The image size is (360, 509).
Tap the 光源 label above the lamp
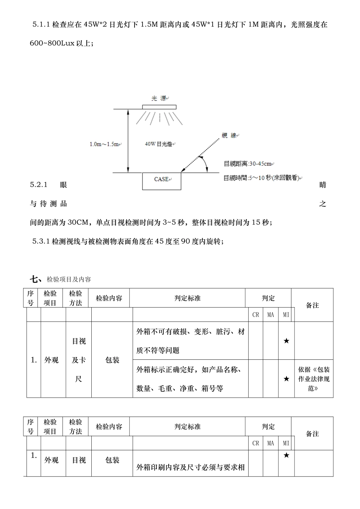pyautogui.click(x=159, y=98)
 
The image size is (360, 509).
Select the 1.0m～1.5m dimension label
pyautogui.click(x=104, y=144)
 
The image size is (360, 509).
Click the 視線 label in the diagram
pyautogui.click(x=229, y=135)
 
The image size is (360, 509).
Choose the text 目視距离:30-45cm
pyautogui.click(x=248, y=164)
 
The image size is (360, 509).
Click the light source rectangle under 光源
pyautogui.click(x=159, y=107)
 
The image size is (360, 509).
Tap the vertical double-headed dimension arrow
pyautogui.click(x=128, y=141)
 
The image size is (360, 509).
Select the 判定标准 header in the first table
pyautogui.click(x=187, y=298)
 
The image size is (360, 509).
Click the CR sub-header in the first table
pyautogui.click(x=256, y=315)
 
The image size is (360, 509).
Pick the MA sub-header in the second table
pyautogui.click(x=271, y=443)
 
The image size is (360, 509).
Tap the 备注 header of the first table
pyautogui.click(x=312, y=305)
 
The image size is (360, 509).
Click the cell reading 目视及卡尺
pyautogui.click(x=79, y=360)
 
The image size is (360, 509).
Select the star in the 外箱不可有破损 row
pyautogui.click(x=286, y=341)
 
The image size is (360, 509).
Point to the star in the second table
pyautogui.click(x=286, y=455)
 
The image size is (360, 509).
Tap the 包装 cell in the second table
pyautogui.click(x=112, y=460)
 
